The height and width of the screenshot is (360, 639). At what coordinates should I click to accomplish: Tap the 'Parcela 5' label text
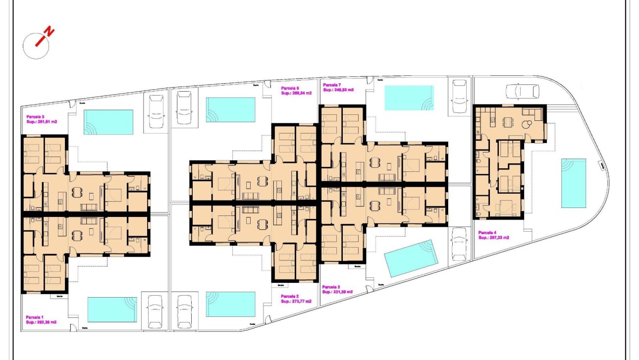pos(36,116)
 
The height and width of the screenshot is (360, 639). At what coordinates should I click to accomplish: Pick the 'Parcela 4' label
pos(488,232)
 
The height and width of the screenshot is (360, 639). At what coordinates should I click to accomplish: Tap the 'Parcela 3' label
pos(331,287)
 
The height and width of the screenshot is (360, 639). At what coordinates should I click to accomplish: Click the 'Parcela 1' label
pos(35,317)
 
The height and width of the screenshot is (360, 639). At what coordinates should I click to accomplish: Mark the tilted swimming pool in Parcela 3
pos(412,258)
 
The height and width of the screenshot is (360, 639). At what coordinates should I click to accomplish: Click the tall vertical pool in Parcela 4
pos(573,183)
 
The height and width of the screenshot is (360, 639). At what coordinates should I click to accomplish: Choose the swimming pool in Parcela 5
pos(108,122)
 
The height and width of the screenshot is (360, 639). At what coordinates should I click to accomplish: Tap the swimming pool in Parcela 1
pos(112,309)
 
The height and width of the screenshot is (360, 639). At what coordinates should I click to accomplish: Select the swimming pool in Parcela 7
pos(409,98)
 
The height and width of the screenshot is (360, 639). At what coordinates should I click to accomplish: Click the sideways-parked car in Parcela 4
pos(523,91)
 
